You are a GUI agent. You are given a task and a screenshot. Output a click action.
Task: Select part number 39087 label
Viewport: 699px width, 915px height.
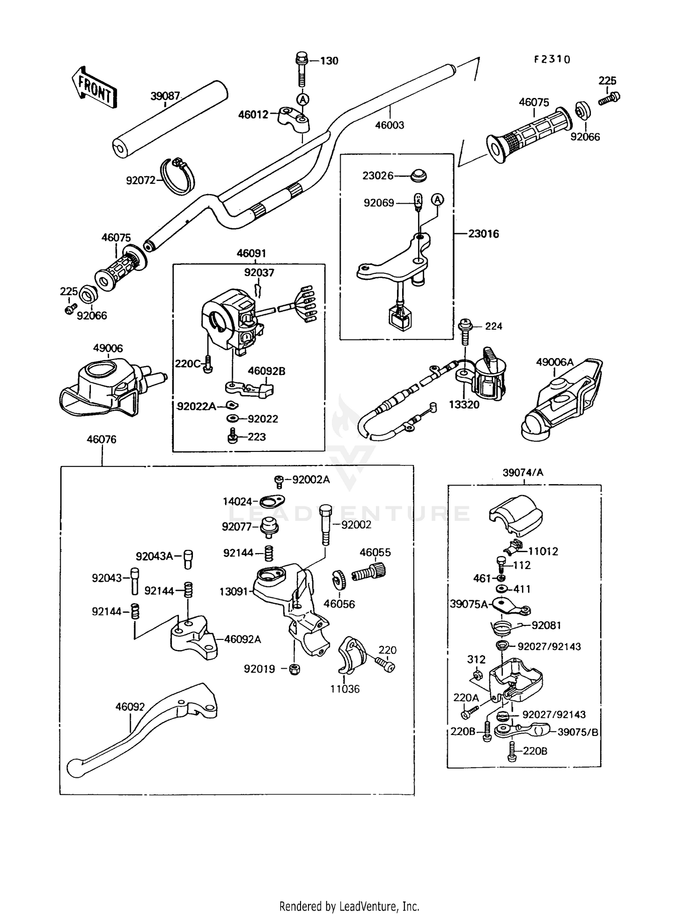(165, 97)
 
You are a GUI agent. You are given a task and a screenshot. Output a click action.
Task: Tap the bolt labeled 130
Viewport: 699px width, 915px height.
(301, 70)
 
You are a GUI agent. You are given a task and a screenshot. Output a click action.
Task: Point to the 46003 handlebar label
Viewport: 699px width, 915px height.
(390, 125)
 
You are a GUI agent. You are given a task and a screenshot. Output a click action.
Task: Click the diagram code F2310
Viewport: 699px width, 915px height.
(552, 60)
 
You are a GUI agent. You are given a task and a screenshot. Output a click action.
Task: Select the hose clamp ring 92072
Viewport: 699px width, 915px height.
(178, 176)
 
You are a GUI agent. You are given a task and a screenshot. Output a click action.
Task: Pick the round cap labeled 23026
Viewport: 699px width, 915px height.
(418, 176)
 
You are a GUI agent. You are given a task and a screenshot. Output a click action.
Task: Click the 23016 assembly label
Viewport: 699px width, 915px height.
(483, 234)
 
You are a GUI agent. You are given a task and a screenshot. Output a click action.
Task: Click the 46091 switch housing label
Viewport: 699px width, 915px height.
(251, 253)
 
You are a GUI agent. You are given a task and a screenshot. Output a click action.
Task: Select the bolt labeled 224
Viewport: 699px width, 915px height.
(465, 329)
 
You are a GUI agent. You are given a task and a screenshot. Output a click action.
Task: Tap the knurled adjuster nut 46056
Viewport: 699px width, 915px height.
(337, 580)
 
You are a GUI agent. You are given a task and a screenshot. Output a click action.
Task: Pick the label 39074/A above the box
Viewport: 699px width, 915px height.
(523, 472)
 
